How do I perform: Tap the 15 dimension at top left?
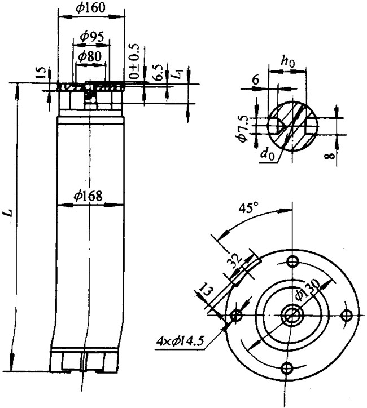[x=40, y=73]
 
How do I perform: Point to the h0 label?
[x=288, y=63]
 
